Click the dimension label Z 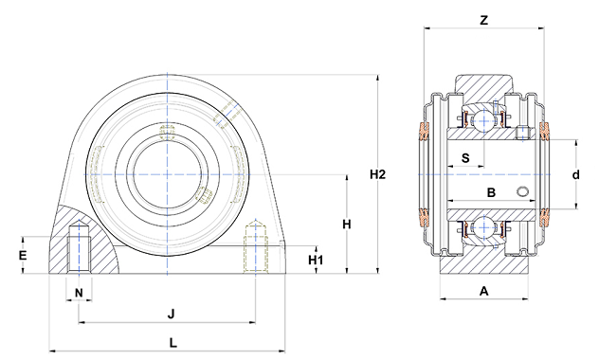tap(483, 18)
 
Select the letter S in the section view tap(465, 156)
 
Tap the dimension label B tap(491, 192)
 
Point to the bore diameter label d tap(575, 175)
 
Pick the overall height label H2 tap(378, 173)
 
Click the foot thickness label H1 tap(317, 260)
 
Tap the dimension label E tap(23, 255)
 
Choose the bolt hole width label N tap(79, 291)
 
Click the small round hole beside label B tap(522, 193)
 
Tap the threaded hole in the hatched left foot tap(79, 246)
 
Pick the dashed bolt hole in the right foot tap(254, 245)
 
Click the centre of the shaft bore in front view tap(169, 174)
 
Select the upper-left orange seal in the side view tap(423, 136)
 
